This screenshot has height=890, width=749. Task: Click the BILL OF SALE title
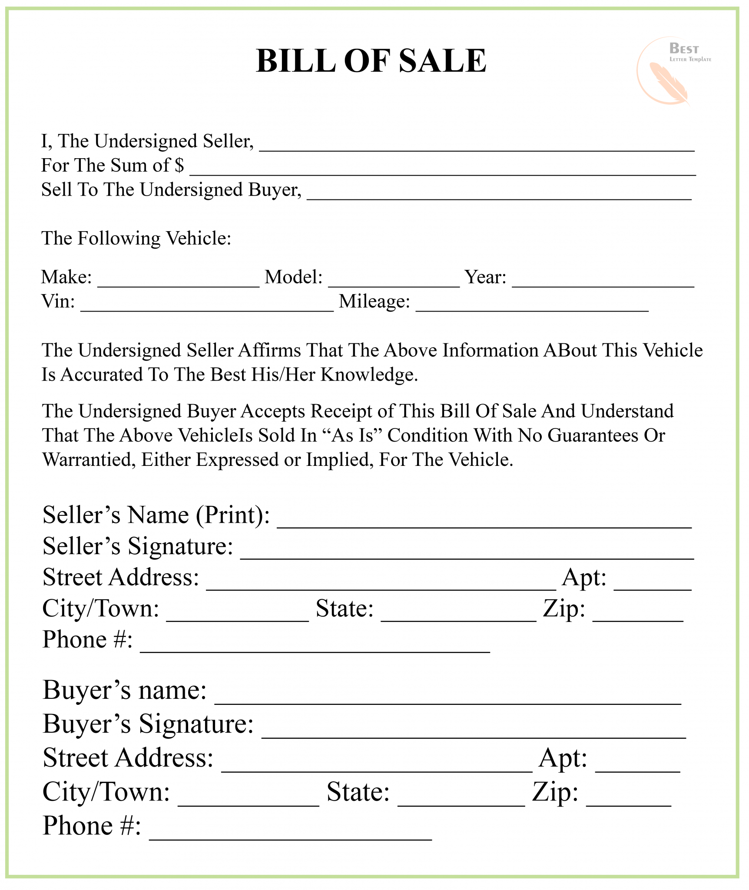pos(371,61)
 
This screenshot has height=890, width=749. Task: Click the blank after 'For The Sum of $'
pos(443,170)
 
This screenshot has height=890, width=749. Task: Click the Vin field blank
pos(207,306)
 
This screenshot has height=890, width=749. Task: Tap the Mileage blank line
pos(532,306)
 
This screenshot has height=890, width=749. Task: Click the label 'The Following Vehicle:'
pos(136,239)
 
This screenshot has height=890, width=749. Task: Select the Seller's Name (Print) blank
pos(484,522)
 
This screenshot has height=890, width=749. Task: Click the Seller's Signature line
pos(467,553)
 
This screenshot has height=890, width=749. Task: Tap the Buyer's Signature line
pos(474,732)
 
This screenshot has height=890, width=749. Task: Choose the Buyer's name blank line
pos(448,697)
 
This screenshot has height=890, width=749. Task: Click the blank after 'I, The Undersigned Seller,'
pos(477,146)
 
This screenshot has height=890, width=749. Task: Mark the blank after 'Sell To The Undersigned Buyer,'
pos(499,194)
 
